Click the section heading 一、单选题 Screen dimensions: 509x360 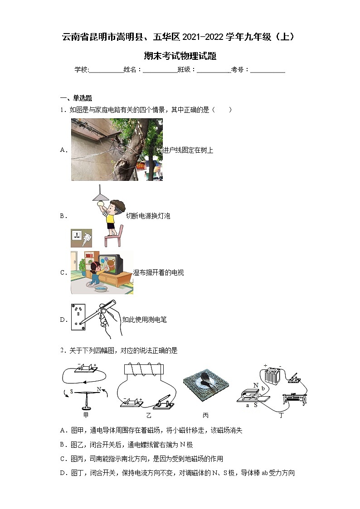point(77,98)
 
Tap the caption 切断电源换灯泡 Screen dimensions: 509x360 point(148,216)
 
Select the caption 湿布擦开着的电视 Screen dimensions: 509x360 point(158,273)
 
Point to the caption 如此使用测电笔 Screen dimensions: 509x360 point(145,320)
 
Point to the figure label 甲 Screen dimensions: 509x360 point(86,415)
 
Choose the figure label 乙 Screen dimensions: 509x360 point(149,415)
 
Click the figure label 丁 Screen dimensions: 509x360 point(281,415)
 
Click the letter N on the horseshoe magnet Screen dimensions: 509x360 point(256,386)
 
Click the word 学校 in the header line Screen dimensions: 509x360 point(81,69)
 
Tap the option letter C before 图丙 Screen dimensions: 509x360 point(63,459)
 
